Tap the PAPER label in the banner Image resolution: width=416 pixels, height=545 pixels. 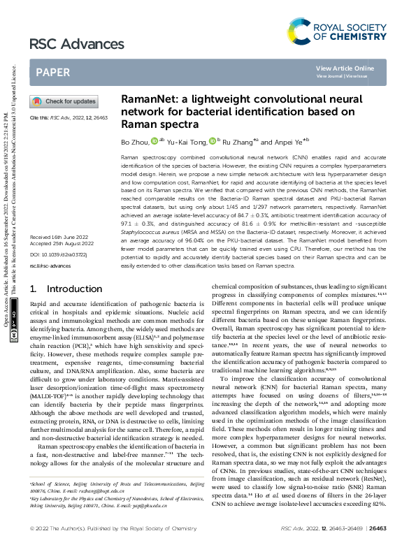[52, 72]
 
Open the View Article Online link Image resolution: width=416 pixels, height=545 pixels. [345, 68]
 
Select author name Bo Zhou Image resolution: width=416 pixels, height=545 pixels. [135, 142]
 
